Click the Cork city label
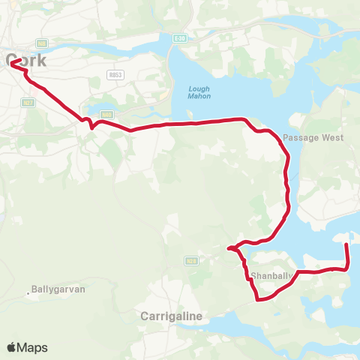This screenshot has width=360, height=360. point(27,61)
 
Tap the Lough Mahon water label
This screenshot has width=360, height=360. point(199,93)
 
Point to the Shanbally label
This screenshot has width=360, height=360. point(271,276)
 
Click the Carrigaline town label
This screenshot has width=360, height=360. point(172,316)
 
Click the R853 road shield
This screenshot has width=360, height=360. point(115,75)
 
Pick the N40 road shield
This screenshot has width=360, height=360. point(106,115)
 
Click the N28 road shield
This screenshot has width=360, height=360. point(192,260)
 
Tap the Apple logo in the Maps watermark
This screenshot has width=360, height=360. point(11,347)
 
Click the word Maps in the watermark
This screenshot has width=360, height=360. point(32,347)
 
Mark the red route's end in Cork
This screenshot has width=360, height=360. point(12,71)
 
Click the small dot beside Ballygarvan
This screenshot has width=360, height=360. point(28,293)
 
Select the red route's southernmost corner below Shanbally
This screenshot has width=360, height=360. point(258,300)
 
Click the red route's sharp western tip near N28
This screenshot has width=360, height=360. point(228,247)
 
